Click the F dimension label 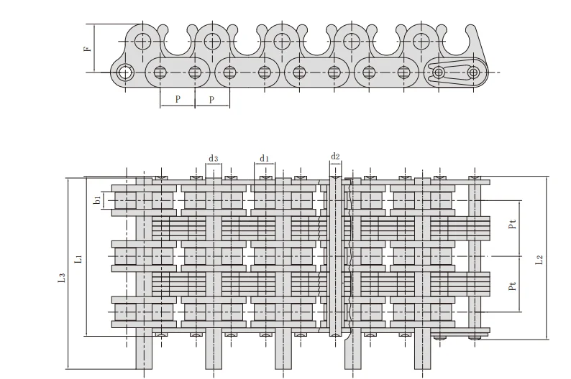88,48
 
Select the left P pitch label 178,99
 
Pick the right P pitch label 212,99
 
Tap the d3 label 213,159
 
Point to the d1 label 264,159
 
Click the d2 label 335,156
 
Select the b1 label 97,200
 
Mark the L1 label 78,259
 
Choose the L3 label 62,278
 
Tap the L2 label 539,260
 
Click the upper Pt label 512,224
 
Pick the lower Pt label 512,286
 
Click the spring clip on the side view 450,72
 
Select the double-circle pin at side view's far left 125,72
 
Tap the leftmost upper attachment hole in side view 142,42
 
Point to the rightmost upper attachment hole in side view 421,42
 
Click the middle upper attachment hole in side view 282,42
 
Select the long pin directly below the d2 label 335,256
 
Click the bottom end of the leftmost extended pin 144,369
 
